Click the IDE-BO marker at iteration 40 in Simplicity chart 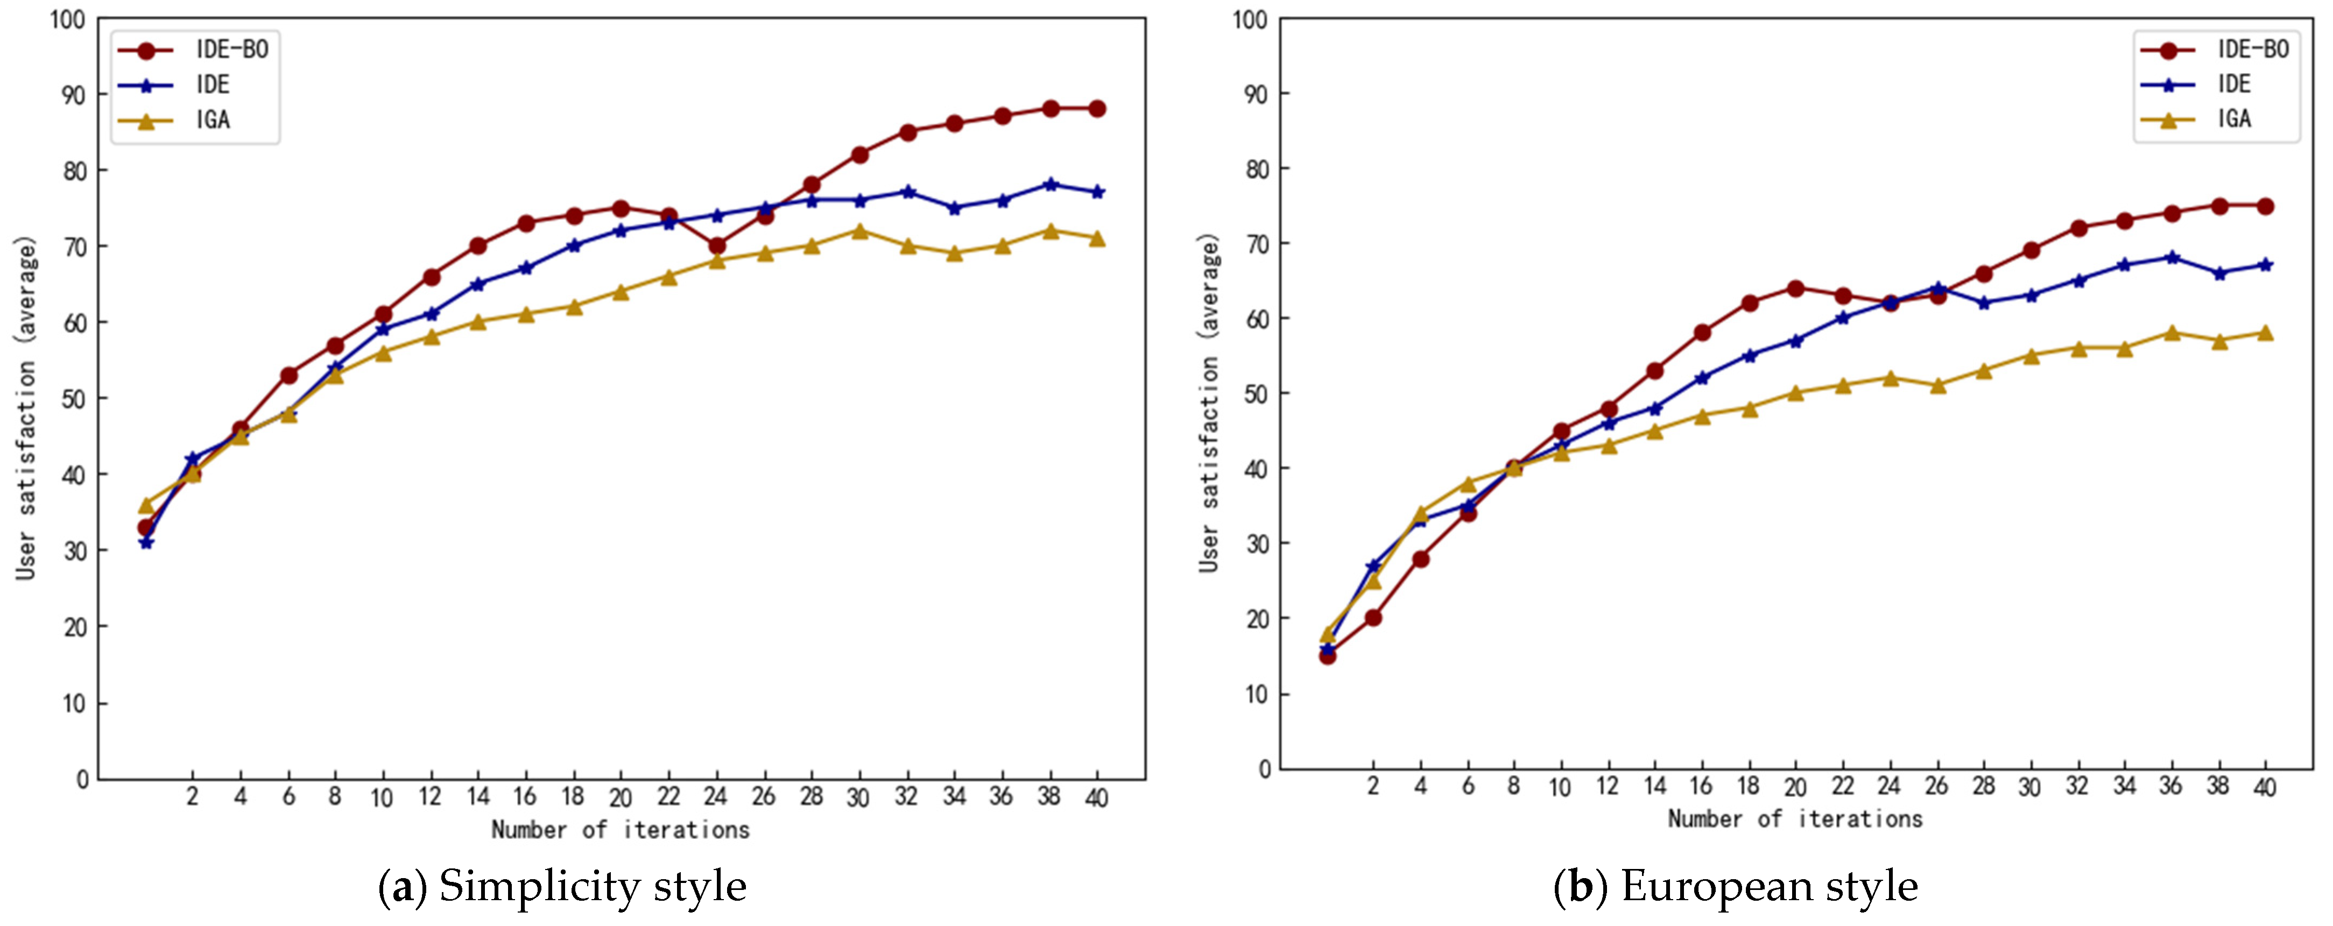[1097, 109]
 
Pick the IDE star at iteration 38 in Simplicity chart [1049, 185]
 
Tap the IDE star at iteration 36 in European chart [2171, 258]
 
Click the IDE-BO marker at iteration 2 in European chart [1373, 617]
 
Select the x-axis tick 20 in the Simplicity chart [621, 797]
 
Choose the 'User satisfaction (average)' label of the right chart [1209, 403]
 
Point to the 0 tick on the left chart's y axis [82, 779]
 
